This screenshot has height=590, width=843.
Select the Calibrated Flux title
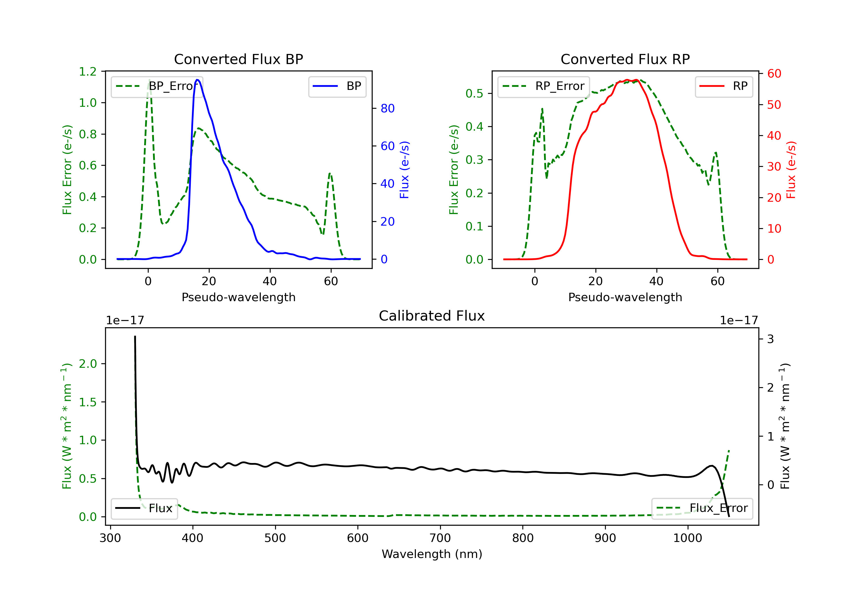click(432, 316)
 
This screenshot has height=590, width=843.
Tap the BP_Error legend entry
click(157, 86)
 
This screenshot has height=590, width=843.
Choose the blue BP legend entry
click(337, 86)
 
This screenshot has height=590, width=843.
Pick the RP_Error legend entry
click(543, 86)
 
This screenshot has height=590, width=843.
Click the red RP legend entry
click(724, 86)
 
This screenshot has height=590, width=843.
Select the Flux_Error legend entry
click(702, 508)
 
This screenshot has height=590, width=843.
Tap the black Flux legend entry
click(144, 508)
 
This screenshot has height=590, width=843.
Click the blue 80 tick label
click(387, 108)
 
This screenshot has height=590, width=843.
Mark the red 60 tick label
click(774, 73)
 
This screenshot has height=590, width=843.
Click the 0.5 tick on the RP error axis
click(474, 94)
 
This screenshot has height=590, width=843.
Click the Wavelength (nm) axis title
click(432, 554)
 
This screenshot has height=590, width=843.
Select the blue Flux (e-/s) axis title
click(404, 170)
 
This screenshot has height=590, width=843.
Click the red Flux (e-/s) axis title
click(791, 170)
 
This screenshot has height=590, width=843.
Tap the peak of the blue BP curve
click(198, 80)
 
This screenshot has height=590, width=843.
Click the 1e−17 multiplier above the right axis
click(739, 321)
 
